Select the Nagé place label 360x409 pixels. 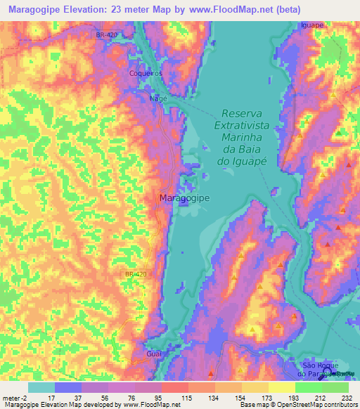(157, 99)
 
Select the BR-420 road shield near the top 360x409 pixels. (105, 34)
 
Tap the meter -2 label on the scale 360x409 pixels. (13, 397)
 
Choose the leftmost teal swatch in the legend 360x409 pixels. (41, 387)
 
